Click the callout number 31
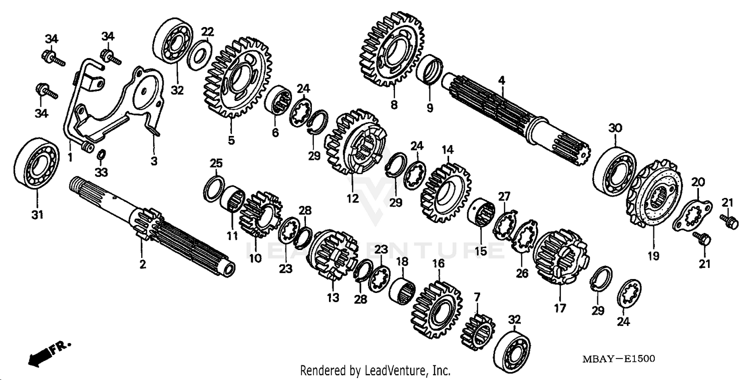pos(38,215)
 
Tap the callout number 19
pos(653,256)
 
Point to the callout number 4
pos(501,80)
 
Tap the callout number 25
pos(216,163)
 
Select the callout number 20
pos(698,182)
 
